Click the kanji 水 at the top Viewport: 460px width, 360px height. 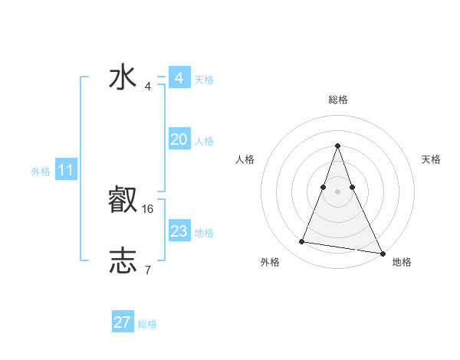click(123, 78)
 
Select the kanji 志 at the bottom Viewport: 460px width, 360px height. click(123, 261)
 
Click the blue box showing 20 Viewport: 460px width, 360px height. click(179, 139)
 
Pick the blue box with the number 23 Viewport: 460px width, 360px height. click(179, 231)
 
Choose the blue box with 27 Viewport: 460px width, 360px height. click(123, 322)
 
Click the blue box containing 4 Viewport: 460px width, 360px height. click(179, 78)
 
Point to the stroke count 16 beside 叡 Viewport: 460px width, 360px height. click(148, 208)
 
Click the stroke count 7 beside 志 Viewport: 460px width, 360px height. click(148, 270)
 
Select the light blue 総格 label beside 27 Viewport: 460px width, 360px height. click(147, 324)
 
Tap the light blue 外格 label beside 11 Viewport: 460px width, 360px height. click(41, 172)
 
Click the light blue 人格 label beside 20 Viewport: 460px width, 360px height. click(204, 141)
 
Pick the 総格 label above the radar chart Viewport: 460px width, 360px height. click(337, 100)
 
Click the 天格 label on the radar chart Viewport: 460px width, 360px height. click(431, 159)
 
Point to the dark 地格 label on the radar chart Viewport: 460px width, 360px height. click(402, 262)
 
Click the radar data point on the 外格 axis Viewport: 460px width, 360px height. click(301, 242)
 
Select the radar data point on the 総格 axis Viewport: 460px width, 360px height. click(337, 146)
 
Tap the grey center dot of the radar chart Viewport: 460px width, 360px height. click(337, 191)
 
